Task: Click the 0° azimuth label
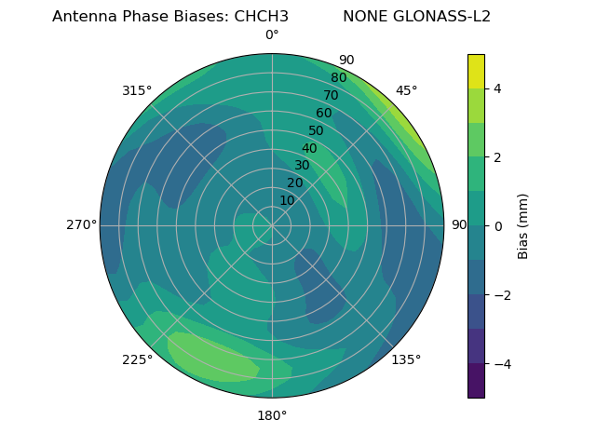point(272,35)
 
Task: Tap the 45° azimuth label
point(406,90)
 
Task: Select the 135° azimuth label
point(406,359)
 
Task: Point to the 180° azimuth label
point(272,415)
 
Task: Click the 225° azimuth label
point(137,359)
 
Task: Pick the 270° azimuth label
point(82,225)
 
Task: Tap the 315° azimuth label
point(137,90)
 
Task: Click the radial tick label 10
point(287,200)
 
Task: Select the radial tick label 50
point(316,130)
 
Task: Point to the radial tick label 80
point(338,77)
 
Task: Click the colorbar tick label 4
point(498,88)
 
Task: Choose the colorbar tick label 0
point(498,226)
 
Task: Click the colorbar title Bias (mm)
point(523,225)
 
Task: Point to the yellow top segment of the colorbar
point(476,71)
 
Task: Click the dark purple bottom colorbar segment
point(476,381)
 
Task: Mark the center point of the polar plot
point(272,225)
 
